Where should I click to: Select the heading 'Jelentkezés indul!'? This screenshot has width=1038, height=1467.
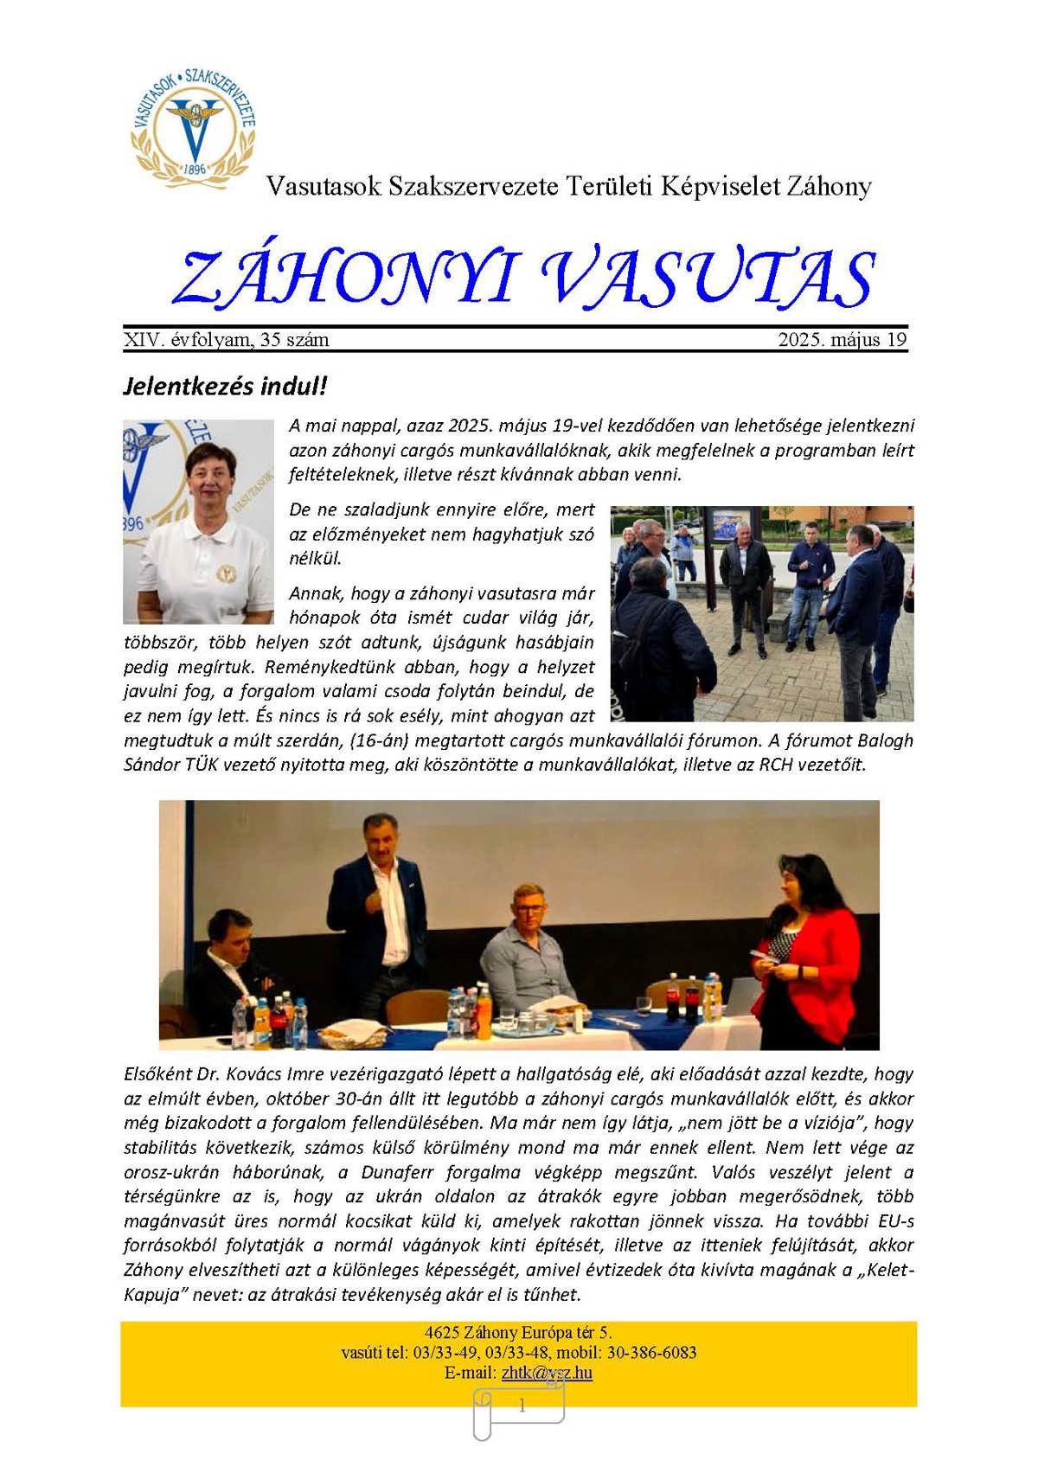(225, 386)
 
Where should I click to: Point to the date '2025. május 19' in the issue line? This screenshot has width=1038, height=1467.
(842, 340)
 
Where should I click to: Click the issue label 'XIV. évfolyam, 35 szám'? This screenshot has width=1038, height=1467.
(227, 340)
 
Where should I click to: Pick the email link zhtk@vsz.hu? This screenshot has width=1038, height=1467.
(547, 1373)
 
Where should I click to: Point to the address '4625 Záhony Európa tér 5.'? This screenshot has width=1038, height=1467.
(519, 1333)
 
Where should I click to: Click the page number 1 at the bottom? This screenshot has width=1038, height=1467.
(522, 1406)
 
